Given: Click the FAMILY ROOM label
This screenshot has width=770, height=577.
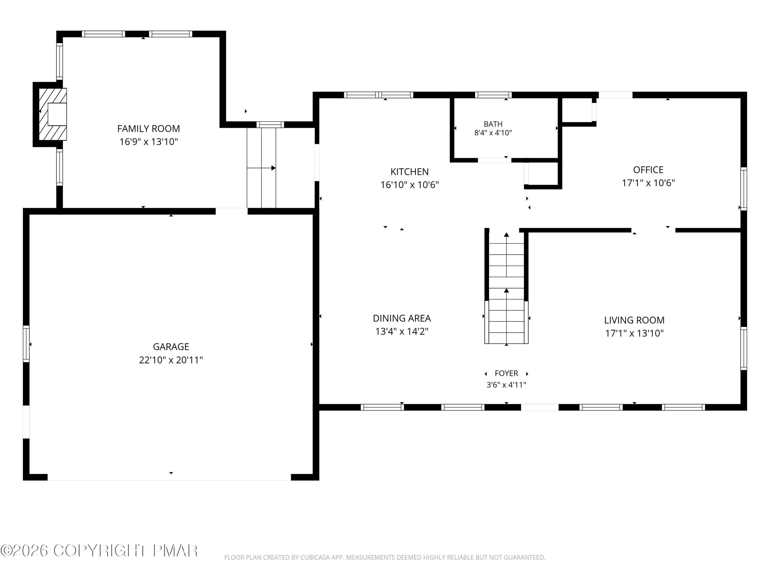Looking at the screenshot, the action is pos(149,129).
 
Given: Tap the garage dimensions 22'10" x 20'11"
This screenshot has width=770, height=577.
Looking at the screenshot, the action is pos(171,360).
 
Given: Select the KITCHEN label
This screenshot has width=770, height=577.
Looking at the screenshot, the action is pos(409,172).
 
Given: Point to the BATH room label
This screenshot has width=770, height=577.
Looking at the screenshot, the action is pos(493,124).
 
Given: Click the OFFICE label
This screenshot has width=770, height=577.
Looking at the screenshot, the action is pos(648,170).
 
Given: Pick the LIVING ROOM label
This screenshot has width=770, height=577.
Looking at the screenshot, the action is pos(634,320).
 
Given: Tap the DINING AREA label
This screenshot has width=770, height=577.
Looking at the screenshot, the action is pos(402,318).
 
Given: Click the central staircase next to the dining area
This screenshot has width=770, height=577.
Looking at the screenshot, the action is pos(506,287).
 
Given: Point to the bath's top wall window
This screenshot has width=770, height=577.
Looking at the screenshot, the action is pos(493,95).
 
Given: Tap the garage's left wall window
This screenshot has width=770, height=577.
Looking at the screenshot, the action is pos(26,344).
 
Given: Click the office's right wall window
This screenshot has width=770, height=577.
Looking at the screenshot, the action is pos(744,189).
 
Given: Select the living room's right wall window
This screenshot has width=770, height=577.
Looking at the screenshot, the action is pos(744,348).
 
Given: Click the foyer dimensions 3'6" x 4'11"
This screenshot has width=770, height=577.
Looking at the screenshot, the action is pos(506,385).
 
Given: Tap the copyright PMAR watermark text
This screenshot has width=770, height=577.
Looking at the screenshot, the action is pos(99,551).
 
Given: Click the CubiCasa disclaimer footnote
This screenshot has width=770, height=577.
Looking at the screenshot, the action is pos(385,558).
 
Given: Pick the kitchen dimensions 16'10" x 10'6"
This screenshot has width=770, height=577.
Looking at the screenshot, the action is pos(409,185).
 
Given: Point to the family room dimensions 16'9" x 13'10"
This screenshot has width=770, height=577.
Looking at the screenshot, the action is pos(149,142).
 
